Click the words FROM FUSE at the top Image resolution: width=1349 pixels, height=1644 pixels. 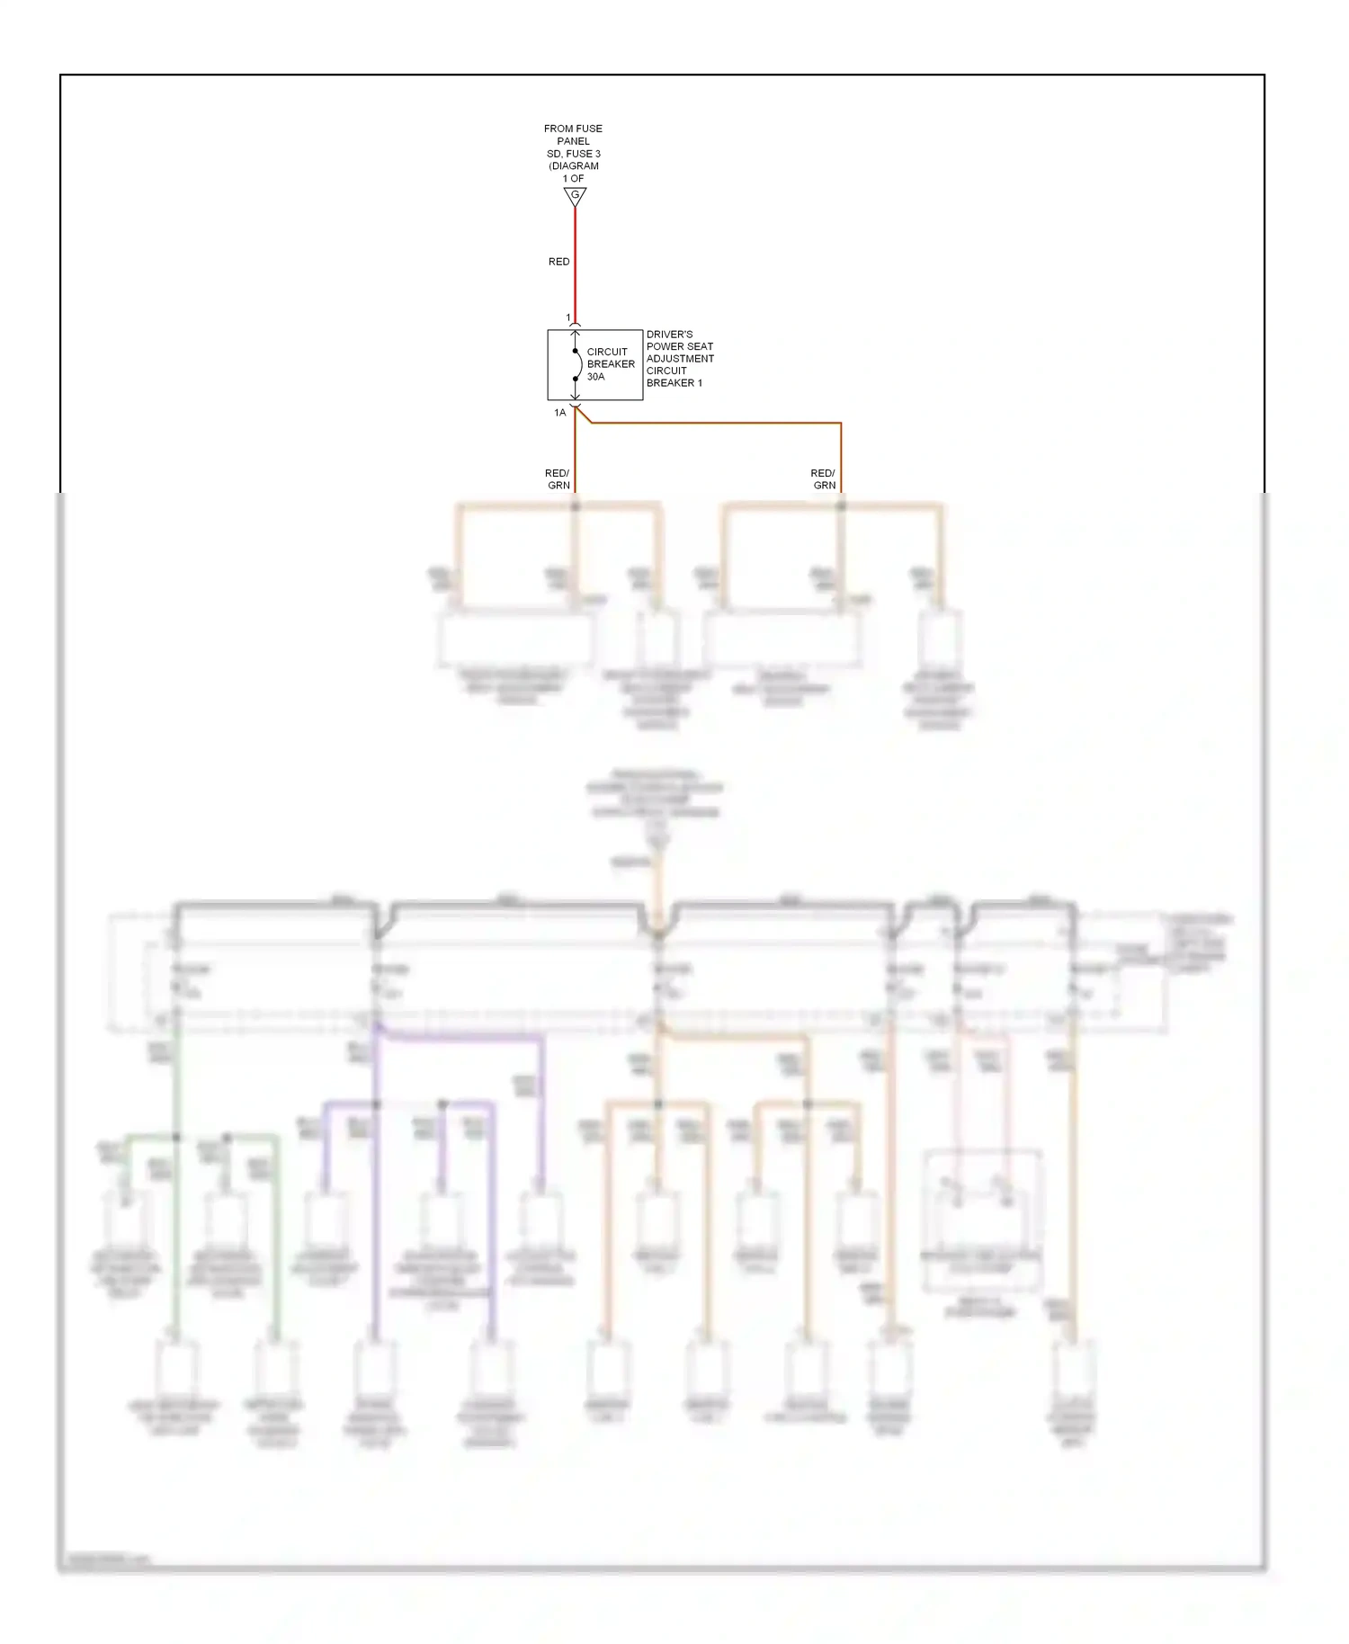573,129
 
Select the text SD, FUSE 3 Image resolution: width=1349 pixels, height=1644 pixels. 573,154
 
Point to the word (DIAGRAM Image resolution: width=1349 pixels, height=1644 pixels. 574,166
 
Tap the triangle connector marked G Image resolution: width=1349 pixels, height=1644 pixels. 575,196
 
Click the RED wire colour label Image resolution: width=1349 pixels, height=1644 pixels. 558,262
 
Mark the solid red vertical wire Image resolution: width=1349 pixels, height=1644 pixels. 576,270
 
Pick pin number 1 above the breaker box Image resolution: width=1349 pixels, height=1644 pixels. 568,317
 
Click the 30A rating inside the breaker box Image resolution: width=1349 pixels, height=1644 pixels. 596,377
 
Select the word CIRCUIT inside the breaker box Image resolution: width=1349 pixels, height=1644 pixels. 607,353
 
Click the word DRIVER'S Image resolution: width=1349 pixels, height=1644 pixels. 670,335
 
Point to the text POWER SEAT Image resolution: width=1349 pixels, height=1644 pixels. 680,346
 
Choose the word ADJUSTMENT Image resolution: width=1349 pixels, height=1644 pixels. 680,359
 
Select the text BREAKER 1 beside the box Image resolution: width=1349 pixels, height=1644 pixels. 674,383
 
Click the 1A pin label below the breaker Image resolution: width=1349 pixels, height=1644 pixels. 560,413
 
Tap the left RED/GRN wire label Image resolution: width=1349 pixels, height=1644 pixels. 558,479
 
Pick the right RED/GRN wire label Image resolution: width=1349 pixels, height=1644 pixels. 823,479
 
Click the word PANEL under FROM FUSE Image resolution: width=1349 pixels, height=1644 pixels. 573,141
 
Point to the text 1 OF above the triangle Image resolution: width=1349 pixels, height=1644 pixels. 573,179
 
